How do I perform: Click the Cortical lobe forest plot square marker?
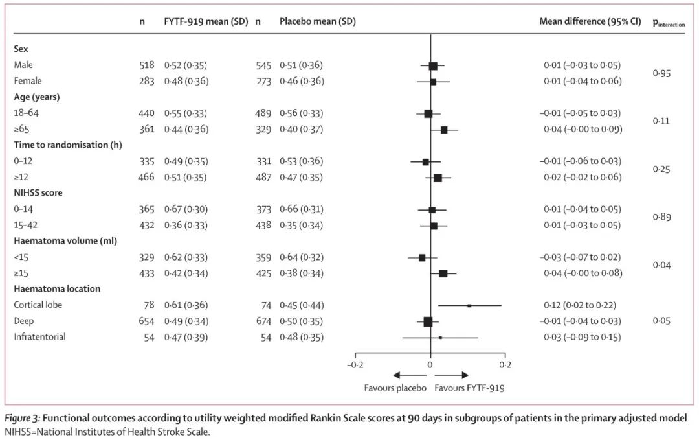click(x=469, y=305)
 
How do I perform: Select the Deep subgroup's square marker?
click(x=428, y=321)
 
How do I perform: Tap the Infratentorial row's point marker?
click(x=440, y=337)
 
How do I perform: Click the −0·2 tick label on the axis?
click(x=355, y=364)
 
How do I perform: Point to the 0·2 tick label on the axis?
click(x=505, y=364)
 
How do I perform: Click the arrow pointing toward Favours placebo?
click(x=405, y=375)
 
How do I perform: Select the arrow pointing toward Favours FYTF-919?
click(x=456, y=375)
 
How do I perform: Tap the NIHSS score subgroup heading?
click(x=38, y=193)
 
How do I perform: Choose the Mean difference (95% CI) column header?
click(x=590, y=21)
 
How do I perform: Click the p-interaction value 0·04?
click(x=661, y=265)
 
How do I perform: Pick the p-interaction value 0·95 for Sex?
click(x=661, y=73)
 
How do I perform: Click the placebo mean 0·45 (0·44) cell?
click(x=301, y=305)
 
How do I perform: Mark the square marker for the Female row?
click(x=433, y=82)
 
